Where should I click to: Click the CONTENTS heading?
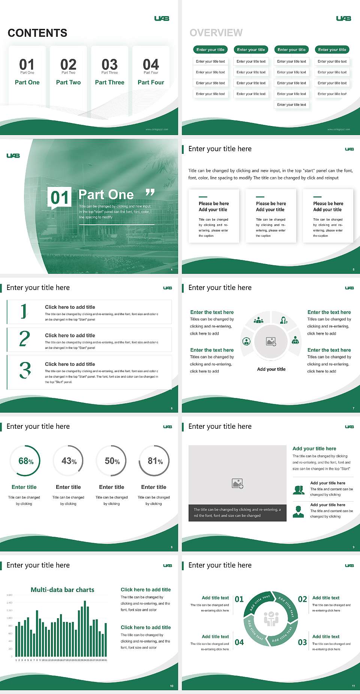pos(37,33)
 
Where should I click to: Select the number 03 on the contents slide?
pos(109,65)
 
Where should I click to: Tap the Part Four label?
pos(151,83)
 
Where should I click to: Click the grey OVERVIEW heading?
pos(216,33)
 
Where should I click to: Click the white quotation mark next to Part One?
pos(150,193)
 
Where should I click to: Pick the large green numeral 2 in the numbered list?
pos(24,338)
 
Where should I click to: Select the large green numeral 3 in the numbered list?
pos(25,370)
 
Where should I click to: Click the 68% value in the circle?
pos(26,461)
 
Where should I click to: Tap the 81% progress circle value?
pos(155,461)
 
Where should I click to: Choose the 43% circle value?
pos(69,461)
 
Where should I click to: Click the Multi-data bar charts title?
pos(63,590)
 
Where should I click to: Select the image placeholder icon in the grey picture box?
pos(238,484)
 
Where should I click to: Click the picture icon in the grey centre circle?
pos(271,341)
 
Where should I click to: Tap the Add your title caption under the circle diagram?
pos(271,369)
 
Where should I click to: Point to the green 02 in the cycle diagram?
pos(302,599)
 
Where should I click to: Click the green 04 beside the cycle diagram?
pos(239,642)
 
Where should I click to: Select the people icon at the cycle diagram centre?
pos(271,619)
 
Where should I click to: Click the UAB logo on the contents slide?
pos(162,18)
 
